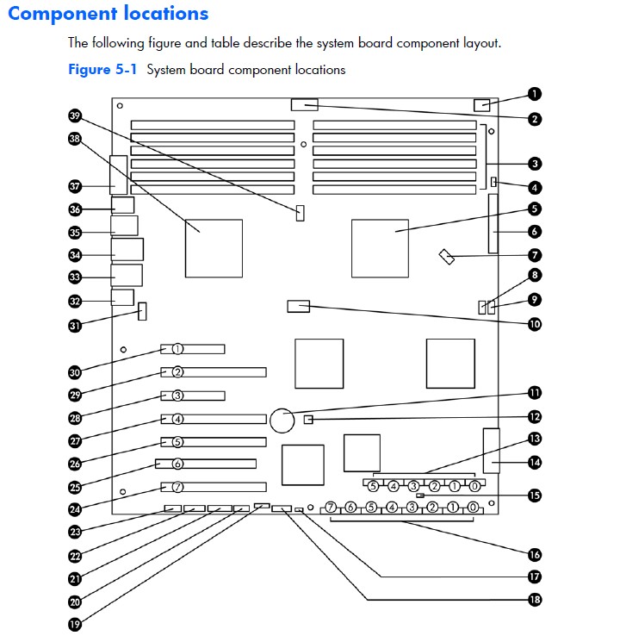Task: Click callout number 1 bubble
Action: pyautogui.click(x=535, y=94)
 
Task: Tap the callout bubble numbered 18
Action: pyautogui.click(x=535, y=600)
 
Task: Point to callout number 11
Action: pyautogui.click(x=535, y=393)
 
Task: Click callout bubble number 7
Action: pyautogui.click(x=535, y=255)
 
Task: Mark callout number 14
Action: pyautogui.click(x=535, y=462)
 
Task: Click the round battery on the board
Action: pyautogui.click(x=282, y=421)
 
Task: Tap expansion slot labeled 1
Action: pyautogui.click(x=177, y=350)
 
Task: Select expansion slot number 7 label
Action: pyautogui.click(x=177, y=486)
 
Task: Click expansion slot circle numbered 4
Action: pyautogui.click(x=177, y=420)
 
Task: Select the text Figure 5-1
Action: pyautogui.click(x=103, y=70)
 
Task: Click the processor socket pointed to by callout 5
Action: pyautogui.click(x=380, y=248)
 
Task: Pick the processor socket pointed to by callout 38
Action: pyautogui.click(x=214, y=248)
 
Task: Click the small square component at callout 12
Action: pyautogui.click(x=309, y=420)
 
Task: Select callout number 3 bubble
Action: pyautogui.click(x=535, y=163)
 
